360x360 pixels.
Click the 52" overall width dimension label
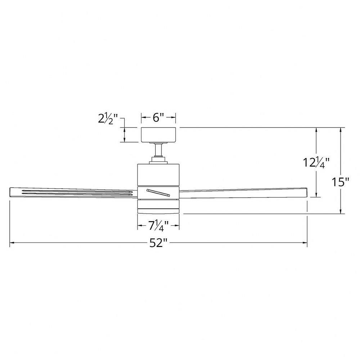(158, 243)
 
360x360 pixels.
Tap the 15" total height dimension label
(341, 182)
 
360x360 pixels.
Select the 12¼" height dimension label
(316, 163)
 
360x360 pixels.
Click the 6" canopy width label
(158, 118)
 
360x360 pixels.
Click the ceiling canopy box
(158, 135)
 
